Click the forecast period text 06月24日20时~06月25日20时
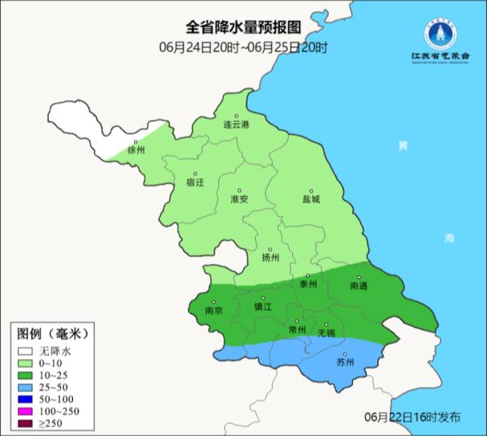[243, 48]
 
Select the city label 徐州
[136, 150]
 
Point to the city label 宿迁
[196, 182]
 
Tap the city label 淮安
[239, 199]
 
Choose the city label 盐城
[311, 199]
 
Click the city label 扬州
[271, 258]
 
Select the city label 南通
[359, 286]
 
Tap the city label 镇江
[264, 307]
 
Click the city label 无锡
[325, 333]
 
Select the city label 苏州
[345, 362]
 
